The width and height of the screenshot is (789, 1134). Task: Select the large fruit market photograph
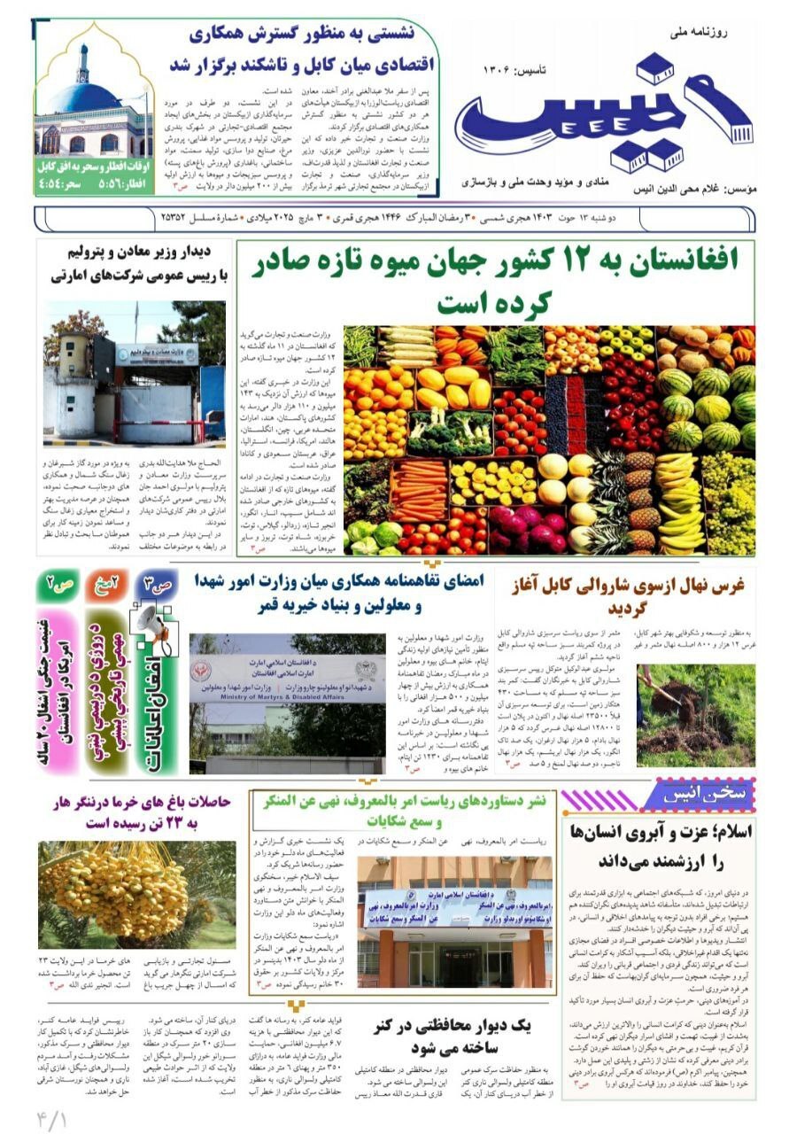click(549, 439)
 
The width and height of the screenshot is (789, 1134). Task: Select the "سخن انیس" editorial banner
click(700, 788)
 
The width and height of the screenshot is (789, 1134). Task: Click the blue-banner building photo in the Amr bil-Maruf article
click(456, 921)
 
